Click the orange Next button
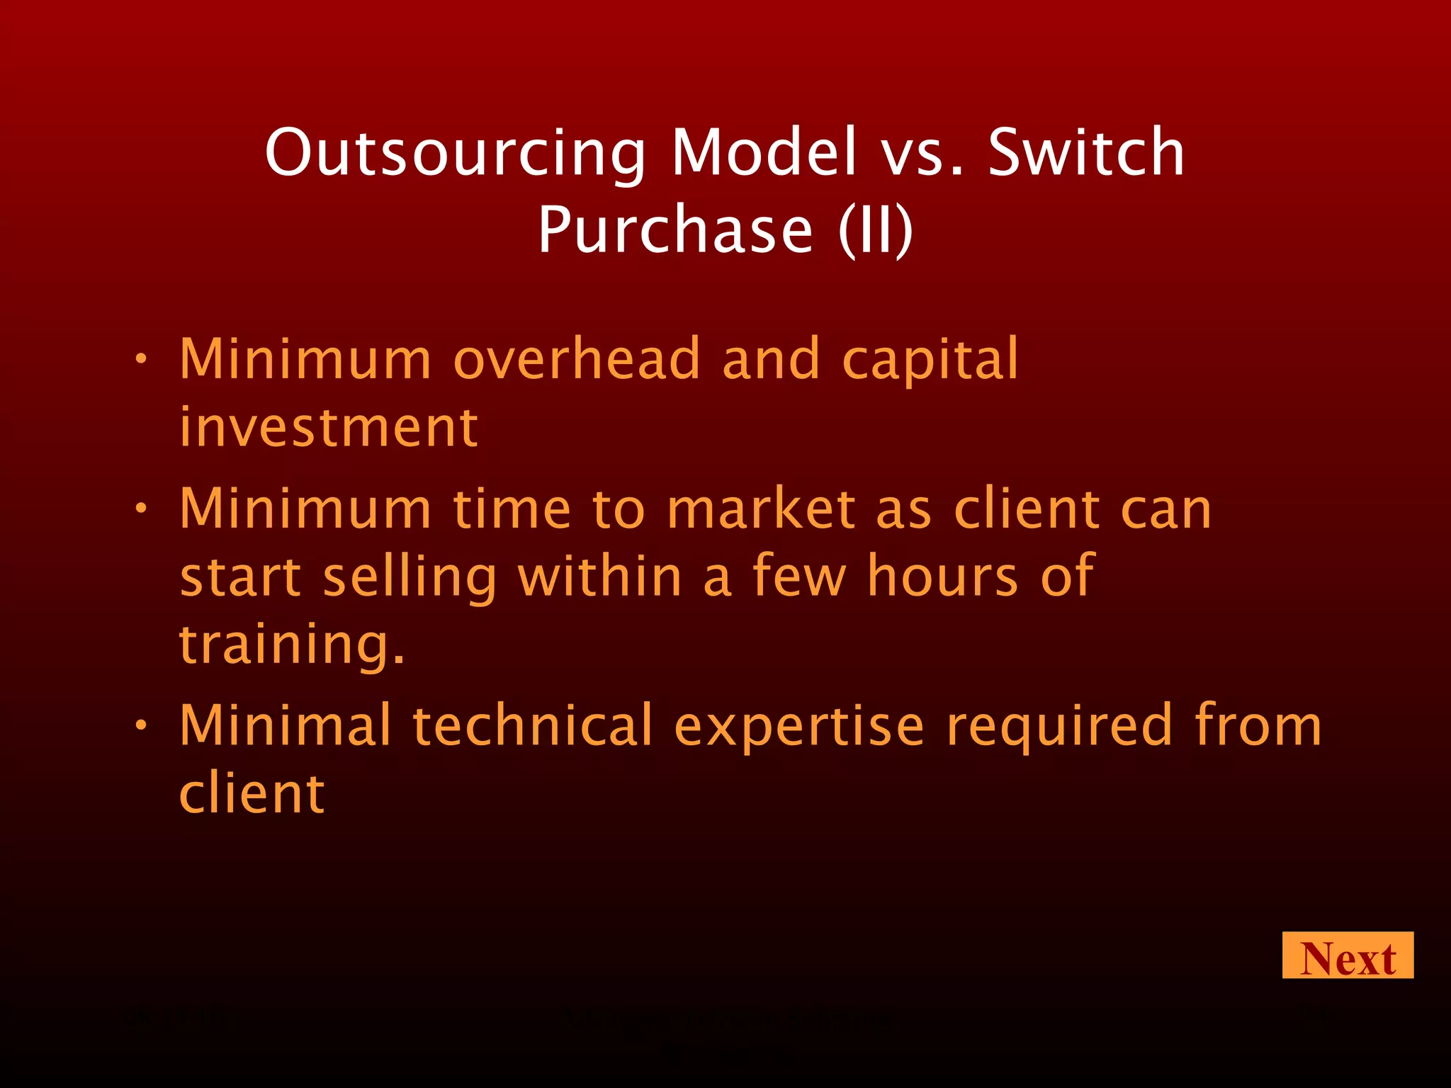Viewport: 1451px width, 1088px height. [1347, 956]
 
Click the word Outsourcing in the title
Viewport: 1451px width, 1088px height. [455, 153]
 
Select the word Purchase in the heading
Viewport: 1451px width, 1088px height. [675, 229]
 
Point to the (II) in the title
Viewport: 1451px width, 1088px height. [876, 229]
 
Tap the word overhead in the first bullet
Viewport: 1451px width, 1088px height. [577, 359]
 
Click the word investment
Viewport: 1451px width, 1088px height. [329, 428]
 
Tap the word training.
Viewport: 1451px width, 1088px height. [291, 646]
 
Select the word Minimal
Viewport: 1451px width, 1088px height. [285, 725]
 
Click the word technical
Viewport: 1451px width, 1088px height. [532, 725]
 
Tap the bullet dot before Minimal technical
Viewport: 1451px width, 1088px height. [141, 725]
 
